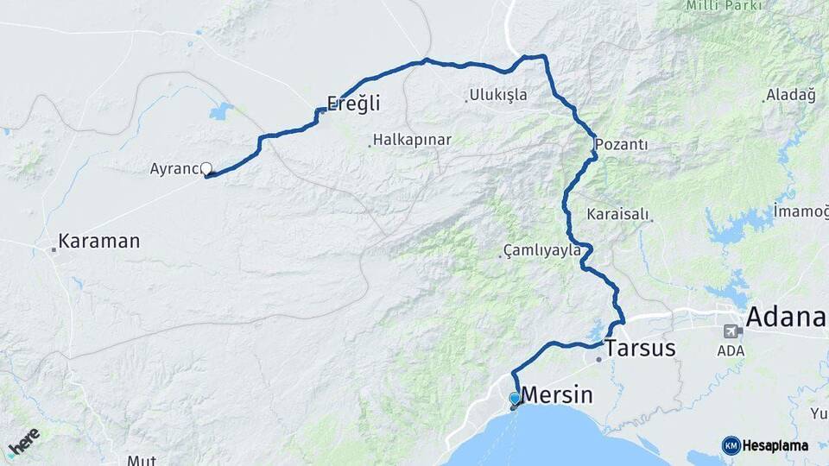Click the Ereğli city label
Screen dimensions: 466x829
(x=354, y=104)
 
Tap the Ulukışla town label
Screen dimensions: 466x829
(x=498, y=95)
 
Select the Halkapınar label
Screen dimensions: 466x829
(x=412, y=140)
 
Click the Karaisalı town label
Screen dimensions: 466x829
(x=617, y=213)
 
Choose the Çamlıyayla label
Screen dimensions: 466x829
(x=543, y=251)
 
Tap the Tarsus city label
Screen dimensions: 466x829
(x=640, y=349)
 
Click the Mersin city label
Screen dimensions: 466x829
(x=559, y=395)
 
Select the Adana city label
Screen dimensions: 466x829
(x=786, y=317)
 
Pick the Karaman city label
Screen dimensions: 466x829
(x=98, y=241)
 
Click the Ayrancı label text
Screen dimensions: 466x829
(x=174, y=168)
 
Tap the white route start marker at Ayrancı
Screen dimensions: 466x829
(x=206, y=169)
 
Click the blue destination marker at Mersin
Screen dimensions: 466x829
(x=515, y=398)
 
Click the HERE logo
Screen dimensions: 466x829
(x=23, y=442)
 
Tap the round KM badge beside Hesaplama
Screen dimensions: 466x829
(x=731, y=445)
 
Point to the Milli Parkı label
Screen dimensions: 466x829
(x=724, y=6)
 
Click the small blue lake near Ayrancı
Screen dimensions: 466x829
(x=221, y=111)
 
